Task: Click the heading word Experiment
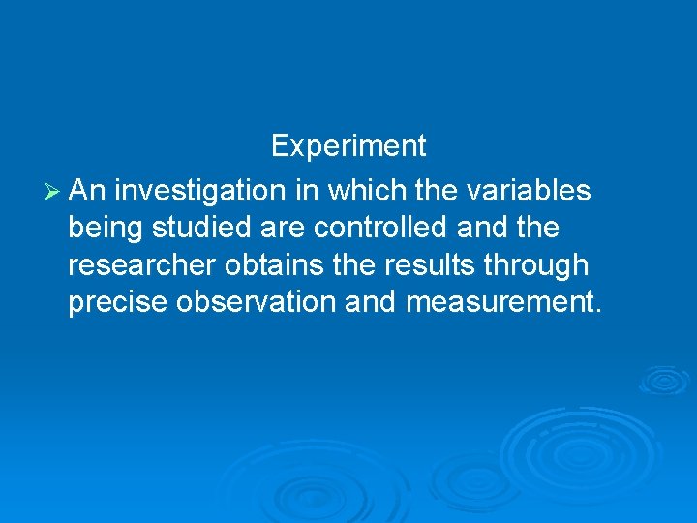tap(348, 146)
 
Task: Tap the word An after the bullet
tap(89, 192)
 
